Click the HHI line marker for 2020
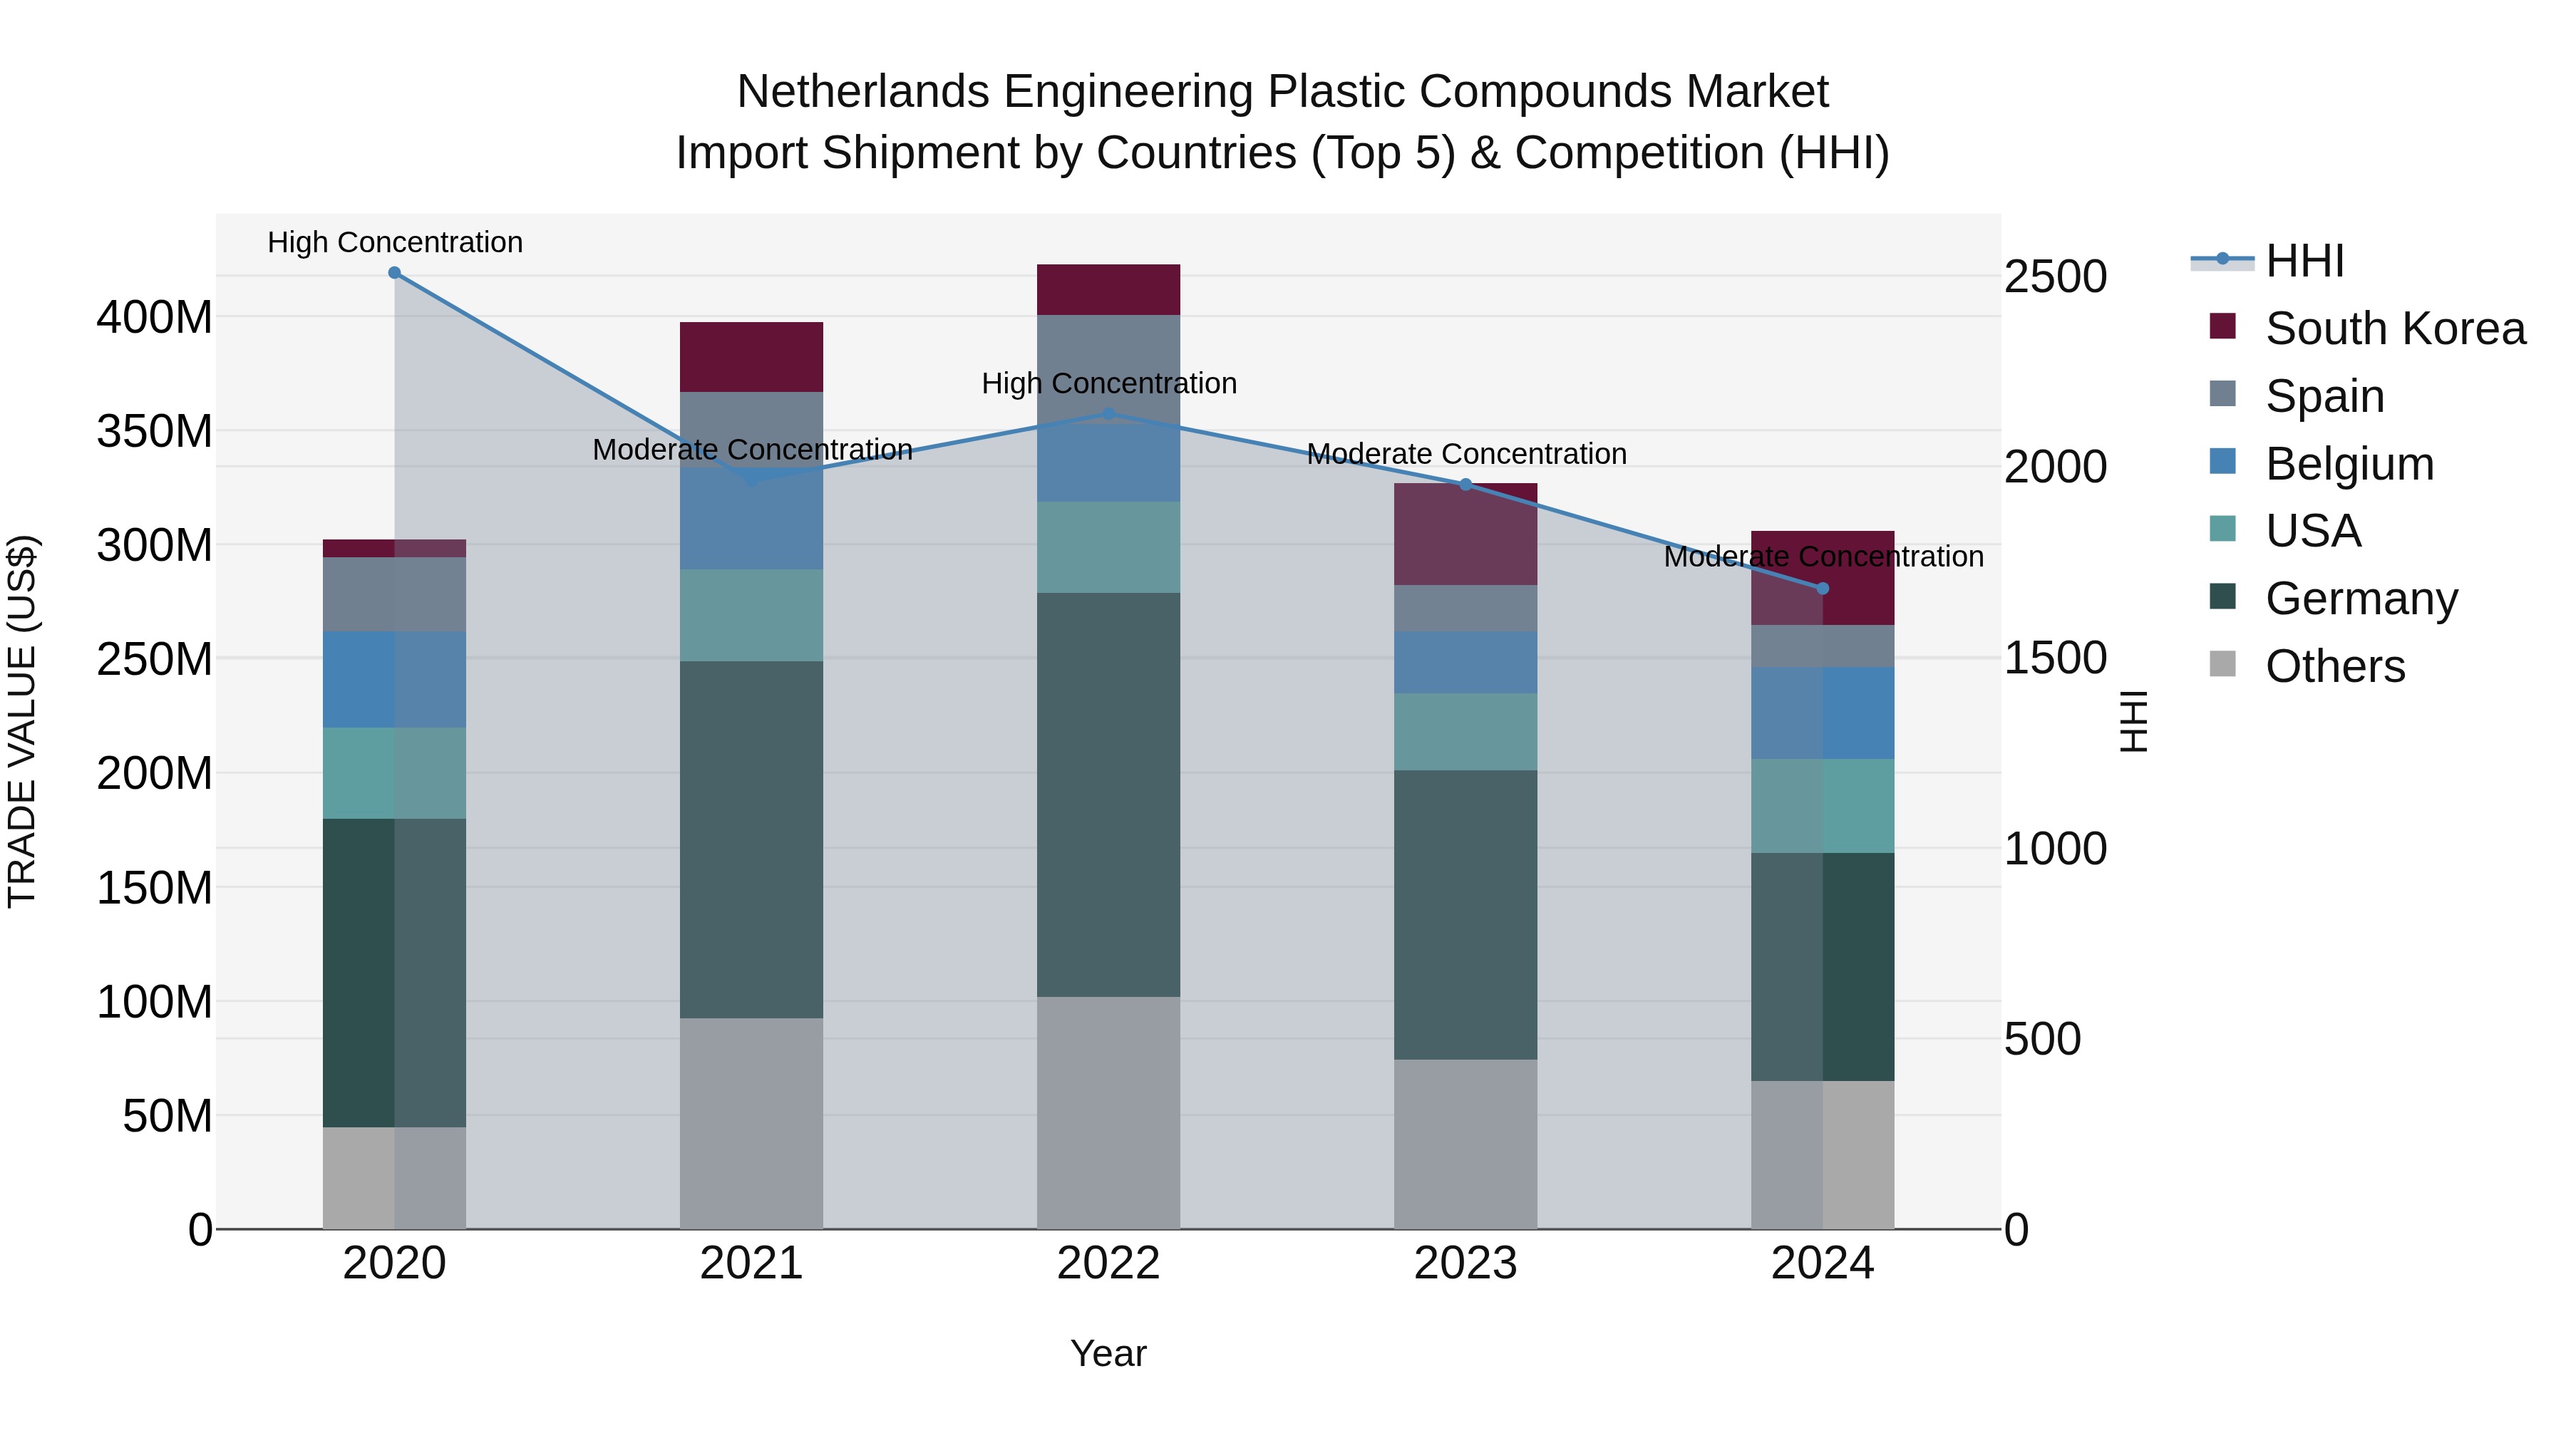pos(394,273)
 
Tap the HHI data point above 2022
pos(1108,414)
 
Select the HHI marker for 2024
pos(1823,589)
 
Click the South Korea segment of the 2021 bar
pos(751,356)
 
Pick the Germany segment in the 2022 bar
pos(1108,795)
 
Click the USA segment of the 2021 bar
pos(751,616)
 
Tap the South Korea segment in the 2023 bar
pos(1465,534)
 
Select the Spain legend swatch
pos(2222,394)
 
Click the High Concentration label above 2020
pos(394,242)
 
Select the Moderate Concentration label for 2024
pos(1823,557)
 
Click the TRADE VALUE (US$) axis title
pos(22,721)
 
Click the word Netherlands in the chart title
pos(862,92)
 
